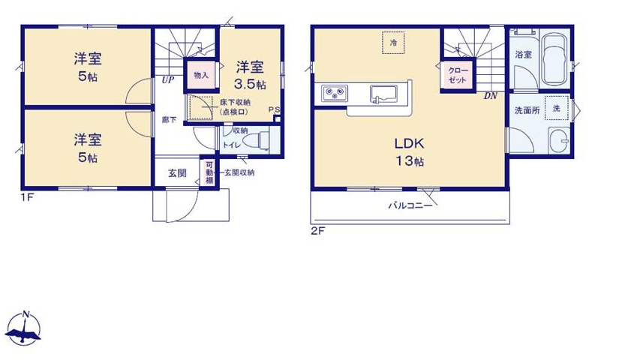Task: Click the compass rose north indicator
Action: click(24, 328)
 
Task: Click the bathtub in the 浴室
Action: click(554, 58)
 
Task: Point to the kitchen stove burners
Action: click(334, 94)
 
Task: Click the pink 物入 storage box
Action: click(200, 76)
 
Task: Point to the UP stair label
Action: click(167, 79)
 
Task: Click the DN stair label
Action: click(491, 96)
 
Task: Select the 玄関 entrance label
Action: click(177, 173)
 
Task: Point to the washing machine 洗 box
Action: click(556, 107)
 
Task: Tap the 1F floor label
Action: click(28, 198)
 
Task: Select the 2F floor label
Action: click(317, 231)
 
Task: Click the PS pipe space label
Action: click(275, 109)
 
